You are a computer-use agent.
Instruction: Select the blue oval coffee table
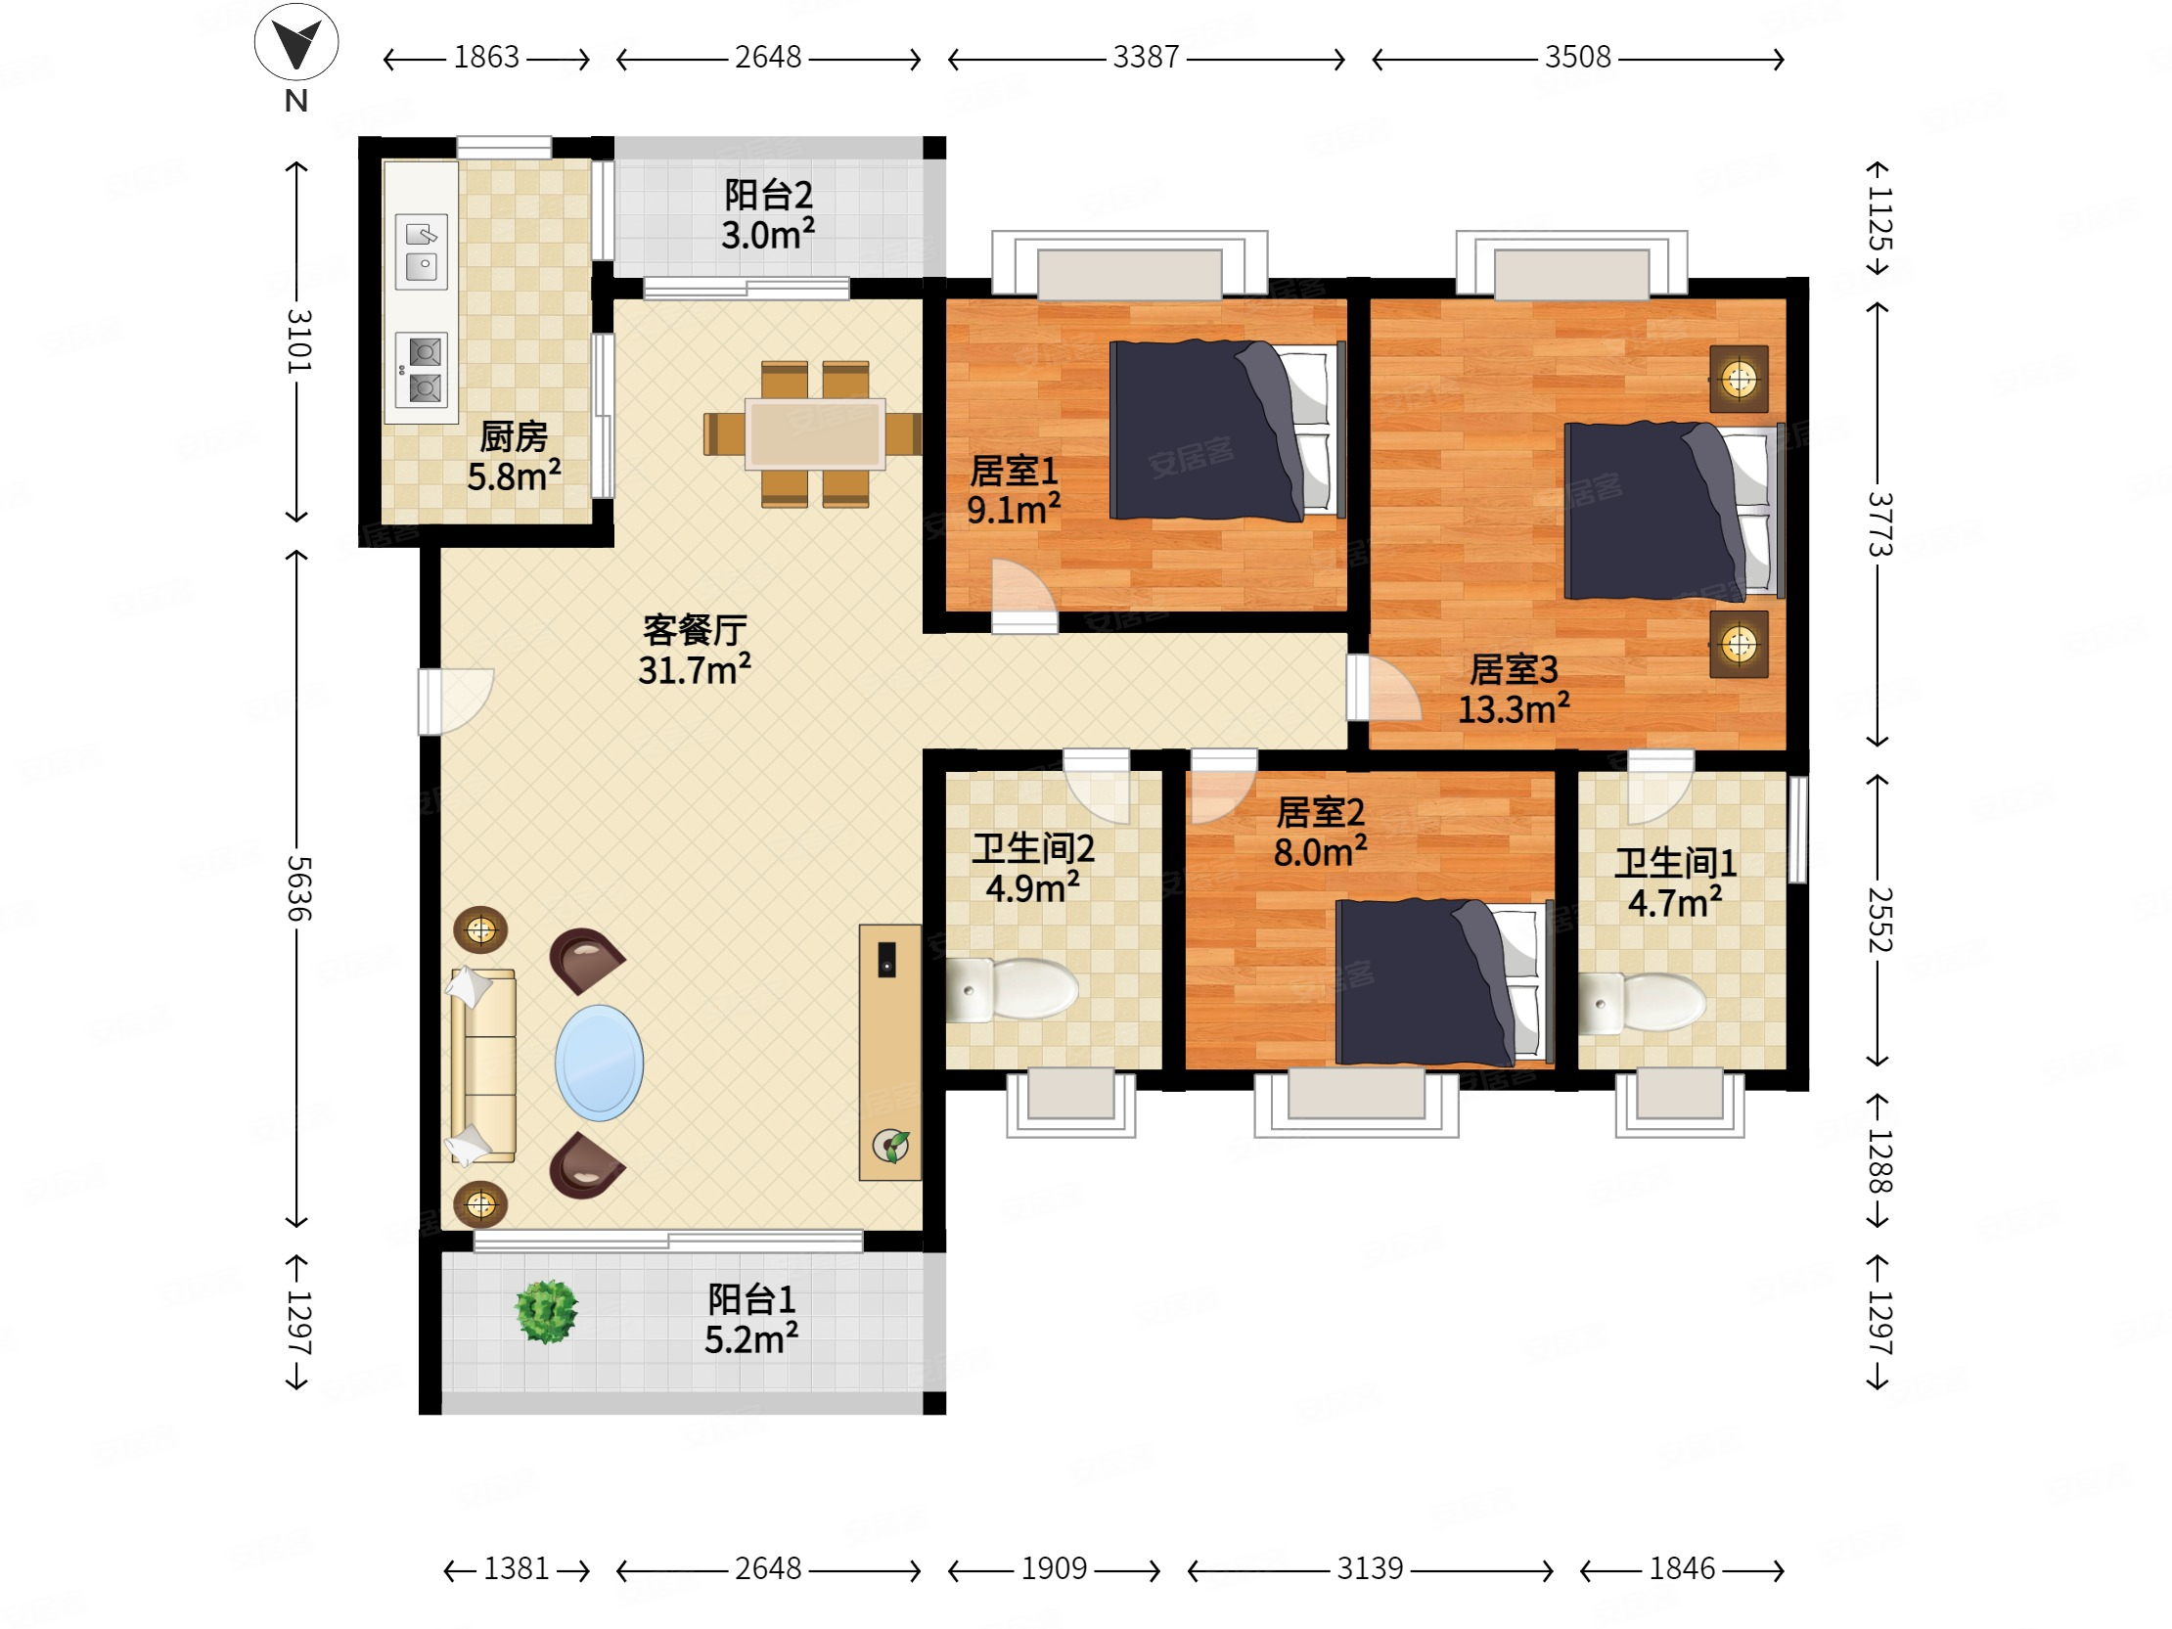(599, 1063)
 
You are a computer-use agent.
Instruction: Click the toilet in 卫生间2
(1012, 990)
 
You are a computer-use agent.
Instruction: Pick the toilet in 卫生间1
(1642, 1003)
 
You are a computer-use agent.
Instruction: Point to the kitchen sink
(422, 251)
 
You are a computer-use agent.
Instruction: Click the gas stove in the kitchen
(422, 370)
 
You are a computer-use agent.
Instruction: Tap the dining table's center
(814, 433)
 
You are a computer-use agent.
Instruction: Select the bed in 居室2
(1444, 982)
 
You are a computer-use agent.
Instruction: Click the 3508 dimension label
(1578, 57)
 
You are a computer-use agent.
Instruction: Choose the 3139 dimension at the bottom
(1370, 1568)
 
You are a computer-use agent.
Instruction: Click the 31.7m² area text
(695, 669)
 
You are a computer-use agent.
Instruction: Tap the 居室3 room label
(1514, 669)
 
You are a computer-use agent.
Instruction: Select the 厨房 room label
(514, 437)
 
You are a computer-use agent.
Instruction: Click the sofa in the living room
(482, 1065)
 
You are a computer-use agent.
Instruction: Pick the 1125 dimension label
(1878, 220)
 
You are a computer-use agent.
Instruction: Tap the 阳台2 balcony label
(768, 195)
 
